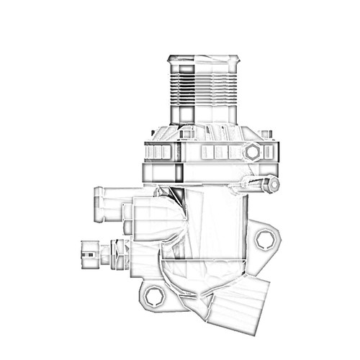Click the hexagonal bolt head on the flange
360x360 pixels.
coord(252,152)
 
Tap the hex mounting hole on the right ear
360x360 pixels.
coord(265,240)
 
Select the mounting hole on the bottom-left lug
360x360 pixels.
coord(153,294)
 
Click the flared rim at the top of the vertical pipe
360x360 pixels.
coord(202,59)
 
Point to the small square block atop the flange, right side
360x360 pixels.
coord(266,134)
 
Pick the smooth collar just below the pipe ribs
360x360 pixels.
coord(202,114)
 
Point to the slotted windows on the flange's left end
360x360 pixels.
coord(158,152)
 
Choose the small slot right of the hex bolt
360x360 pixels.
coord(269,152)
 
